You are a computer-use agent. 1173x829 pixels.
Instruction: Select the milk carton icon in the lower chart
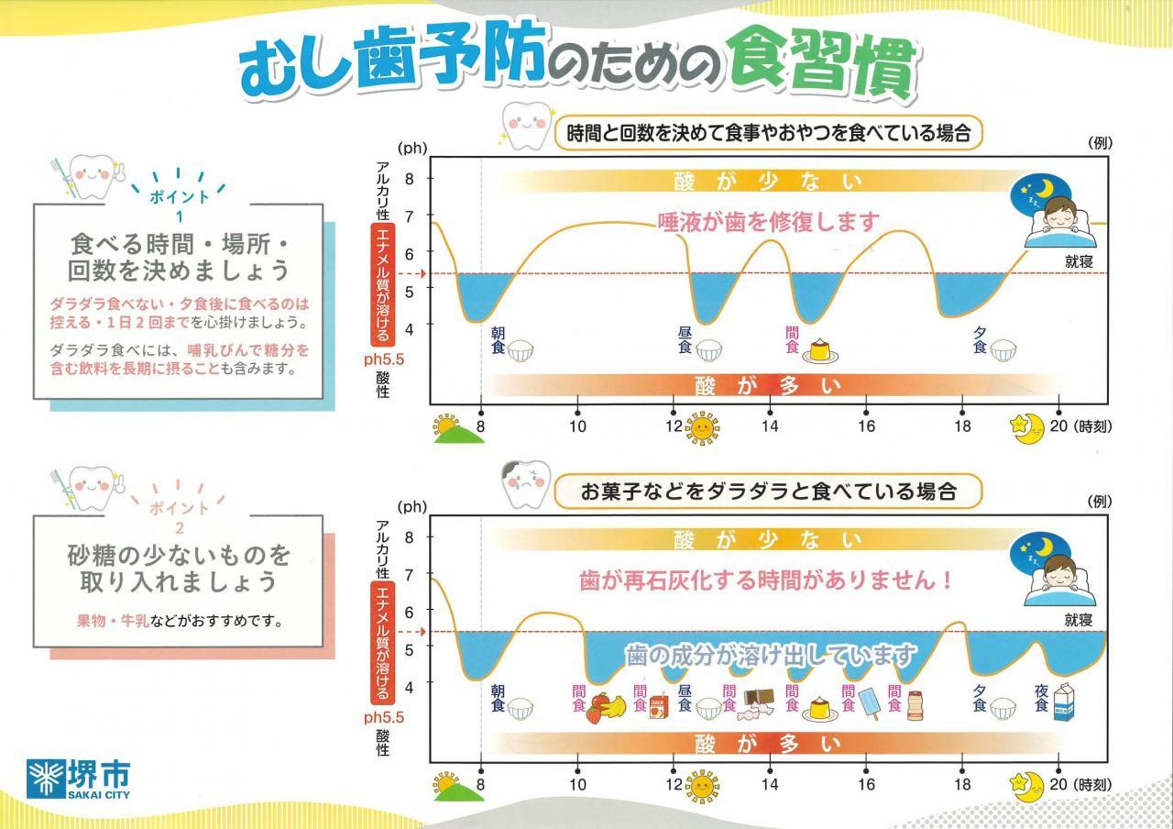pyautogui.click(x=1065, y=705)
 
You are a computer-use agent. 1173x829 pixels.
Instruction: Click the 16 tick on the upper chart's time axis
pyautogui.click(x=866, y=426)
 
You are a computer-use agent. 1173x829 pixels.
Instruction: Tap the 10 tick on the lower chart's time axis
pyautogui.click(x=577, y=784)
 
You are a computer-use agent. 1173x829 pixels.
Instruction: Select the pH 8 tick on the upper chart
pyautogui.click(x=410, y=179)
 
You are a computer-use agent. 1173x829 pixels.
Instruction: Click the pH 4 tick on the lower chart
pyautogui.click(x=410, y=685)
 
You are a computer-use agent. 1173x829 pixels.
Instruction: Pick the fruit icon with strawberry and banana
pyautogui.click(x=606, y=707)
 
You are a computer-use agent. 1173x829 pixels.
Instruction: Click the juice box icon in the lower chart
pyautogui.click(x=658, y=707)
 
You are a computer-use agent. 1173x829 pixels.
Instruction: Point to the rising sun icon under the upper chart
pyautogui.click(x=456, y=429)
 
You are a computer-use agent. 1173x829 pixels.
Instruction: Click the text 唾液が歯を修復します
pyautogui.click(x=768, y=221)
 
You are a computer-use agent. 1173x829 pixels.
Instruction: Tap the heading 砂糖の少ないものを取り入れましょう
pyautogui.click(x=179, y=569)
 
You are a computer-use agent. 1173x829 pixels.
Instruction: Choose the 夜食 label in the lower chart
pyautogui.click(x=1041, y=698)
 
